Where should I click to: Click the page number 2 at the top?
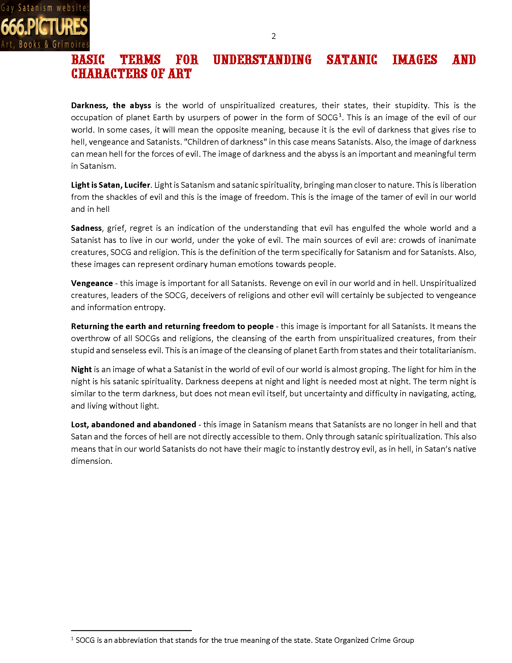pyautogui.click(x=273, y=36)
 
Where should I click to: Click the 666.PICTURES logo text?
pyautogui.click(x=44, y=27)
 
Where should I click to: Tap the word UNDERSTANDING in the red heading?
pyautogui.click(x=262, y=60)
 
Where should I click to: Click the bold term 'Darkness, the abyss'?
pyautogui.click(x=111, y=105)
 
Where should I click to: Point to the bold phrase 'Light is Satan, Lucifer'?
pyautogui.click(x=111, y=185)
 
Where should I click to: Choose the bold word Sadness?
pyautogui.click(x=86, y=228)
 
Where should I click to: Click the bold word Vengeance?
pyautogui.click(x=92, y=283)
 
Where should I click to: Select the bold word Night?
pyautogui.click(x=81, y=369)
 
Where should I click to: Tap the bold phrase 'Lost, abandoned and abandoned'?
pyautogui.click(x=133, y=425)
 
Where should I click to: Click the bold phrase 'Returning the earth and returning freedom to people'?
pyautogui.click(x=172, y=326)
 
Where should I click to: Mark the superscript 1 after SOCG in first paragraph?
pyautogui.click(x=340, y=115)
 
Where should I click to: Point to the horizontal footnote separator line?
pyautogui.click(x=131, y=630)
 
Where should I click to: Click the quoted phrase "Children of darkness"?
pyautogui.click(x=225, y=142)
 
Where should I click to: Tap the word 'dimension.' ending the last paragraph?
pyautogui.click(x=91, y=461)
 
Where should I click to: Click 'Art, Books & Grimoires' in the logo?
pyautogui.click(x=45, y=45)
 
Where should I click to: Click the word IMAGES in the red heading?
pyautogui.click(x=415, y=60)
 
